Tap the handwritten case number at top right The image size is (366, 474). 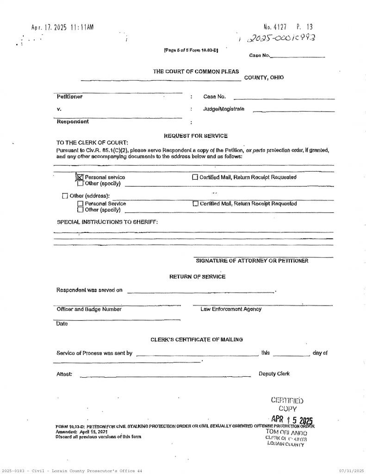[283, 40]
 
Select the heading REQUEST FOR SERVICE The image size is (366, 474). [196, 136]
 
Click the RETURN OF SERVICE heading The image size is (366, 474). [198, 276]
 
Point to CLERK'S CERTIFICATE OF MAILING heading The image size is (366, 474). [197, 340]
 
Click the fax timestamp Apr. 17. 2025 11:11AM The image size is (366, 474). [62, 28]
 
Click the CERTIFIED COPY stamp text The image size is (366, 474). [288, 405]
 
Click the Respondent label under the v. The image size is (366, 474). [73, 122]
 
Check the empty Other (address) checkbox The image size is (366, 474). [65, 195]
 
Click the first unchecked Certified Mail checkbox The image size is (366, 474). [195, 177]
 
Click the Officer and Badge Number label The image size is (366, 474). [89, 309]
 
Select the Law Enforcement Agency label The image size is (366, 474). [231, 309]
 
